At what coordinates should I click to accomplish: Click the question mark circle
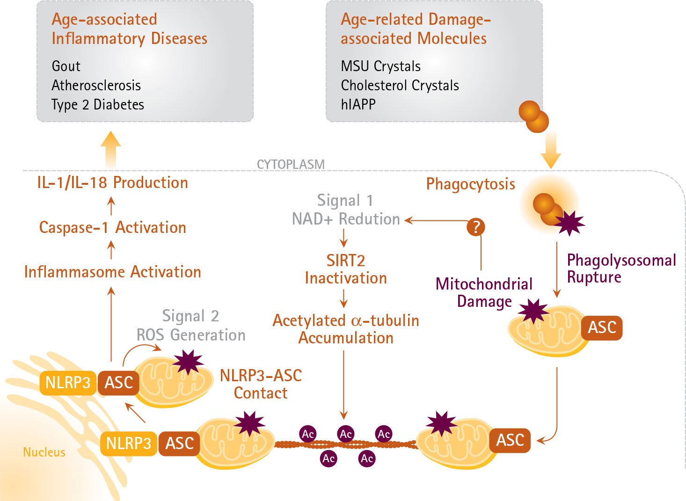475,227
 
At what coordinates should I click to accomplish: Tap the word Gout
66,66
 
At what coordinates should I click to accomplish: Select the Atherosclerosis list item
96,86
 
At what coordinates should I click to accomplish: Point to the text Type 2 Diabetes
97,105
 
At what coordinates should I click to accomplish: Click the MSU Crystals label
380,66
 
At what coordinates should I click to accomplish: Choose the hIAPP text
358,104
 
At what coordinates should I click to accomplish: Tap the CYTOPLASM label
291,165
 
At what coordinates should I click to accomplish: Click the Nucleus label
44,452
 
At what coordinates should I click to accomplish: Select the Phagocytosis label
470,184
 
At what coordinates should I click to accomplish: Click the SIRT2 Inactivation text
346,269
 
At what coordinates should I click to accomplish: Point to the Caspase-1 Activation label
112,228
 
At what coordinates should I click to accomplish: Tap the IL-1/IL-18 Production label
112,183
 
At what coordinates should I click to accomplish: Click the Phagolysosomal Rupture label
621,269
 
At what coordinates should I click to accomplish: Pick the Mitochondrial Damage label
484,293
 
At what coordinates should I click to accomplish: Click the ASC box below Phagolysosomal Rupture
602,327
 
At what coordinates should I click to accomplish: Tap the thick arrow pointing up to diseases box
111,149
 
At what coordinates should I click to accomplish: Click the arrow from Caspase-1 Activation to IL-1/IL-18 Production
111,205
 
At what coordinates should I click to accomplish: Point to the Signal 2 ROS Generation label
190,326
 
